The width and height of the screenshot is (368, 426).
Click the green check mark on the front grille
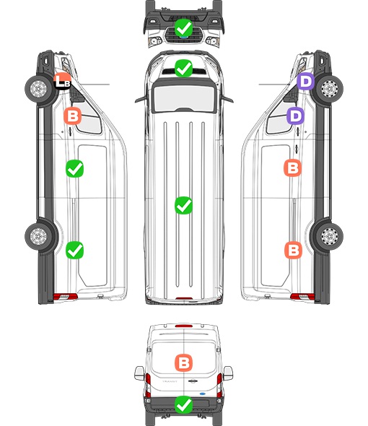(x=183, y=27)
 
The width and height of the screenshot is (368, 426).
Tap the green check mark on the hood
(x=183, y=68)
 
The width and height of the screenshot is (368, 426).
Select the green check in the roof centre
(x=183, y=205)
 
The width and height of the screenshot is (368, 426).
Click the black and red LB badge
(x=62, y=81)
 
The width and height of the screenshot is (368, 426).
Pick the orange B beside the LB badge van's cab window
(x=72, y=116)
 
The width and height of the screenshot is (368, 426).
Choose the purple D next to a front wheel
(x=305, y=82)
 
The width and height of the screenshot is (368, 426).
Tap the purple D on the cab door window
(x=296, y=116)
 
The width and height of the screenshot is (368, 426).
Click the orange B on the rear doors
(x=183, y=362)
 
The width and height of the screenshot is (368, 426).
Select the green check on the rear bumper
(x=183, y=405)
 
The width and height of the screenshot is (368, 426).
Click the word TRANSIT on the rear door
(x=170, y=381)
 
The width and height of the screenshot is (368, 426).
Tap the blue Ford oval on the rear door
(x=202, y=394)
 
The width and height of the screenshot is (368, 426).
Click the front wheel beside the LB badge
(x=38, y=88)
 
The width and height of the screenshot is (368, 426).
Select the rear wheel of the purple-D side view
(x=330, y=236)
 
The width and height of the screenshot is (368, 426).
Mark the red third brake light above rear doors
(x=183, y=326)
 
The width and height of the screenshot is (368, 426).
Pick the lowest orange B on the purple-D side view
(x=293, y=250)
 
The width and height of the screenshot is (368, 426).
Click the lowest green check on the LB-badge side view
(x=75, y=250)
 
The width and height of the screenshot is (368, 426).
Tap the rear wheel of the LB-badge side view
(x=38, y=236)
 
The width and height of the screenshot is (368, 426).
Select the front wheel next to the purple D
(x=330, y=89)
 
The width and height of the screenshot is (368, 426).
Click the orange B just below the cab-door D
(x=292, y=168)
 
